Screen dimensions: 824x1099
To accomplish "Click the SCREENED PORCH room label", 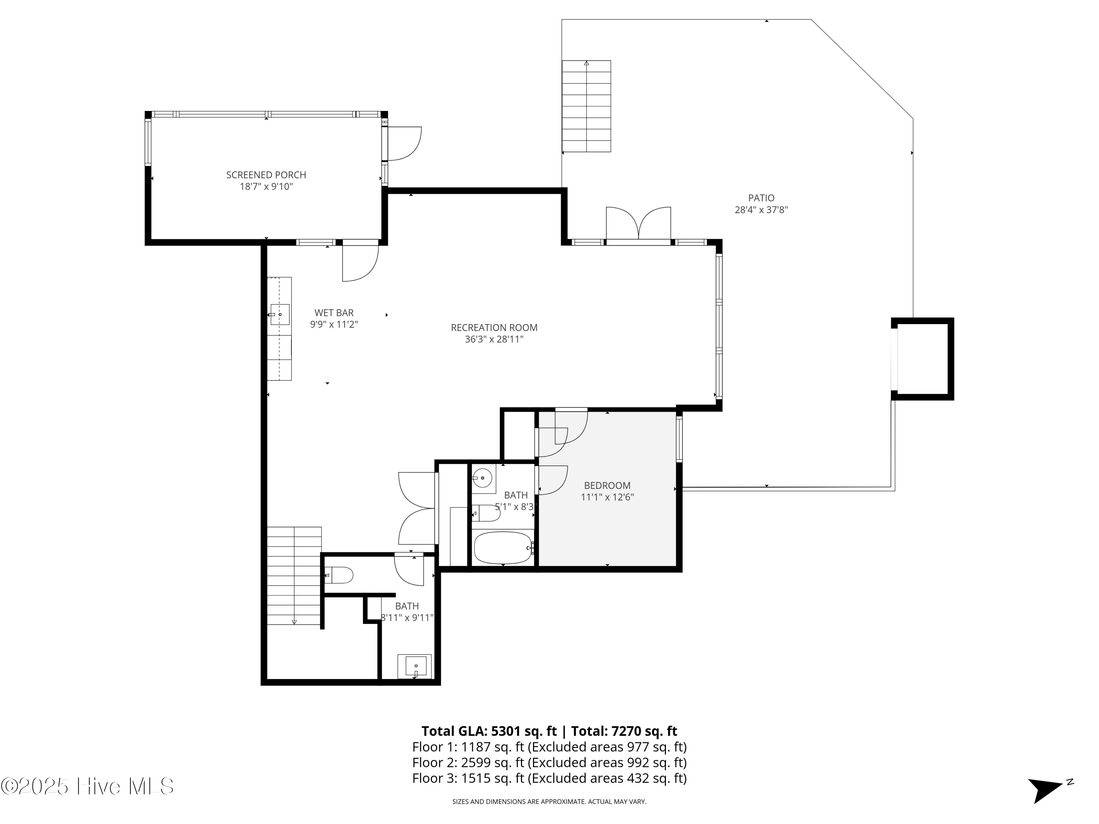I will coord(266,175).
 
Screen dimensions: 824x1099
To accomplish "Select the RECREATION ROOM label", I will coord(494,327).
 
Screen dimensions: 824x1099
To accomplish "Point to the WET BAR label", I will coord(334,313).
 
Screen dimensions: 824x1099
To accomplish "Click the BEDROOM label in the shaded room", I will coord(607,485).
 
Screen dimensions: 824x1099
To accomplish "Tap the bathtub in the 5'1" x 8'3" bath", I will coord(503,548).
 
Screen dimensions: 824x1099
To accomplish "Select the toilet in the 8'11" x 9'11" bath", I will coord(341,575).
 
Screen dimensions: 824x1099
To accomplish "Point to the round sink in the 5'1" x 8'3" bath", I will coord(482,478).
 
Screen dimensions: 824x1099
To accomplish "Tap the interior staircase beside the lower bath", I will coord(294,576).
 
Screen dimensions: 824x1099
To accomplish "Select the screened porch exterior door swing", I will coord(403,144).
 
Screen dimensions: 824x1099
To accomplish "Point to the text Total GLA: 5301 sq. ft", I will coord(489,731).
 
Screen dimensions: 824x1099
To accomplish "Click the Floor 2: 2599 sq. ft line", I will coord(549,762).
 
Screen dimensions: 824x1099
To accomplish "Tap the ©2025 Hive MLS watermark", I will coord(88,787).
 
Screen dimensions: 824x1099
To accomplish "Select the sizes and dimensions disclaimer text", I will coord(549,802).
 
